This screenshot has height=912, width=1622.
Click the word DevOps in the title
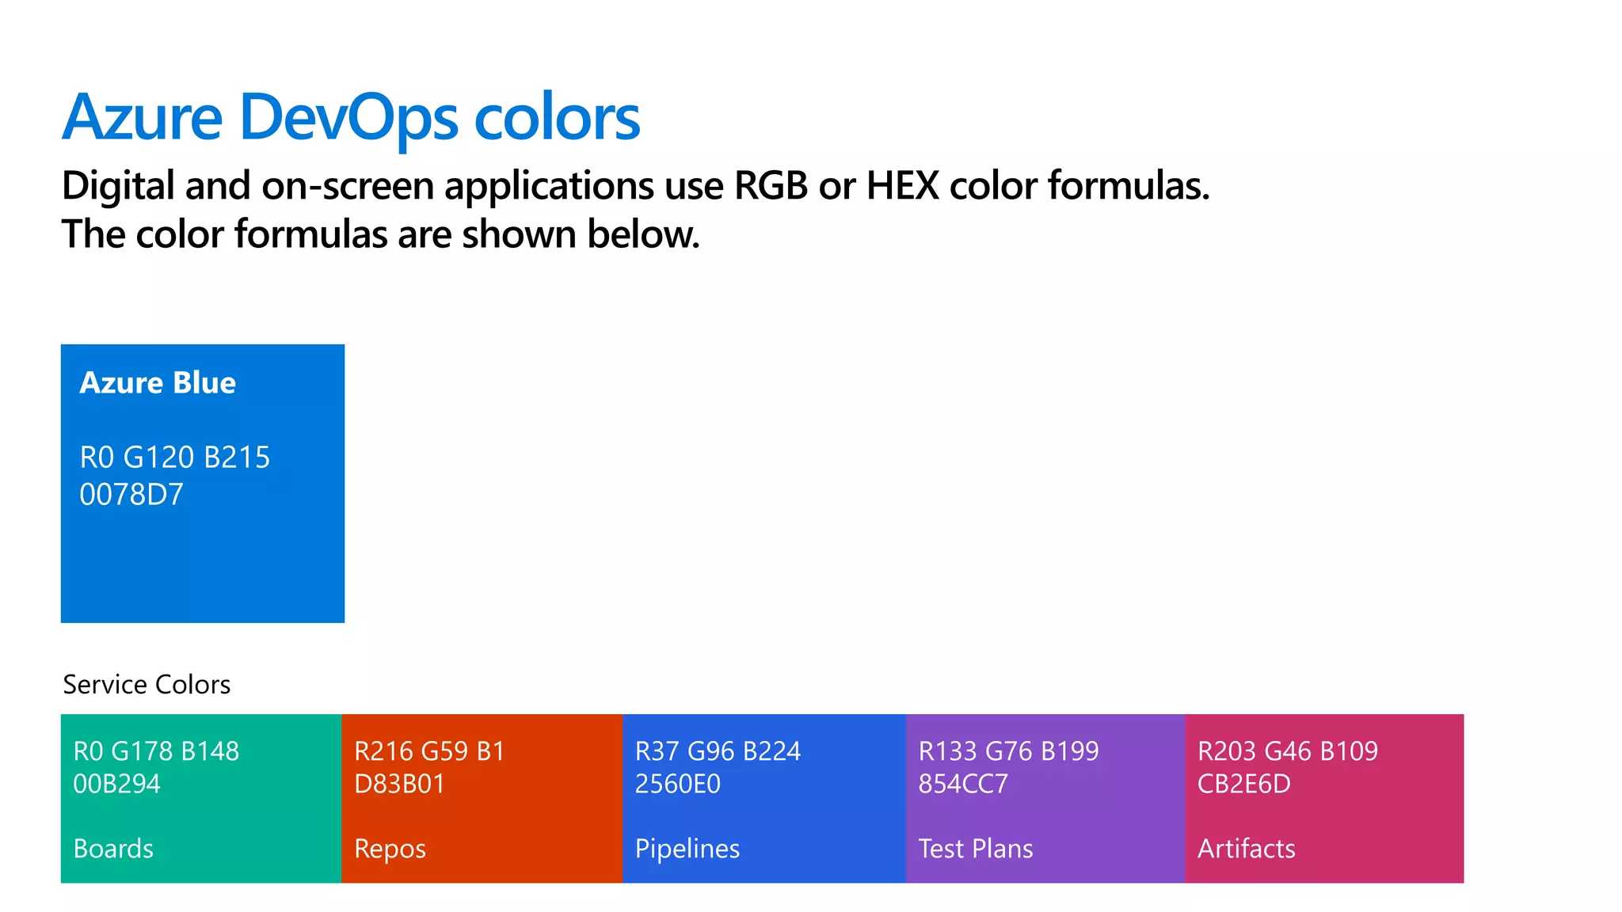coord(348,119)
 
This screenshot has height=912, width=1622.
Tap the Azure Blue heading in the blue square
coord(158,383)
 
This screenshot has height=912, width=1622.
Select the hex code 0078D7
coord(131,495)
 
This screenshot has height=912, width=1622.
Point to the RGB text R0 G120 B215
coord(175,458)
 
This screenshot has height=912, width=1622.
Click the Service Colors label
coord(147,685)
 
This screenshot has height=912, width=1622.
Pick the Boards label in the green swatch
coord(113,849)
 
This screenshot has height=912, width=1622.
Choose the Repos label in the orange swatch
coord(390,849)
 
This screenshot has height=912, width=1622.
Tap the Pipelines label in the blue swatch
coord(687,849)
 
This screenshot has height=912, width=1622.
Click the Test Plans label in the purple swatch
coord(976,849)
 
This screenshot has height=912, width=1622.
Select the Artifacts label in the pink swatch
coord(1247,849)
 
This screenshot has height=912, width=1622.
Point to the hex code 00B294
coord(116,784)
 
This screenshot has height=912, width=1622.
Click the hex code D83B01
coord(400,784)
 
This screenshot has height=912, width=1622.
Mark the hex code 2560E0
coord(678,784)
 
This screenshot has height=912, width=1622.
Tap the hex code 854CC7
coord(963,784)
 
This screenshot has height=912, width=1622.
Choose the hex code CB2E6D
coord(1244,784)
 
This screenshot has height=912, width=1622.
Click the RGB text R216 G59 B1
coord(429,751)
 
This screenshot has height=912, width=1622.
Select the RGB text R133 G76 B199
coord(1009,751)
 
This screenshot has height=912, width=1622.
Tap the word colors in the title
coord(557,119)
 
